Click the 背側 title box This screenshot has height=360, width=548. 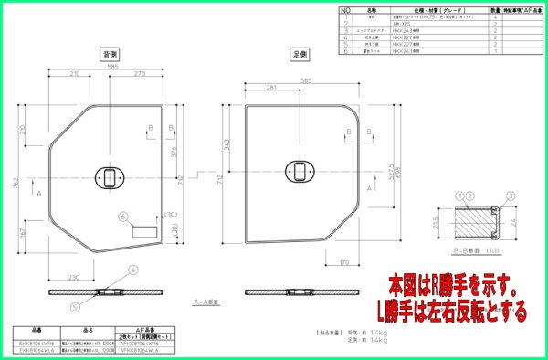coord(110,54)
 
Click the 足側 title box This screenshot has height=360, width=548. coord(297,54)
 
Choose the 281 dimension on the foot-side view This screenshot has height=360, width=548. coord(271,88)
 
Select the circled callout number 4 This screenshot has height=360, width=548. coord(132,271)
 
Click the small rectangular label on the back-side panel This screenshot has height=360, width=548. coord(145,232)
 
